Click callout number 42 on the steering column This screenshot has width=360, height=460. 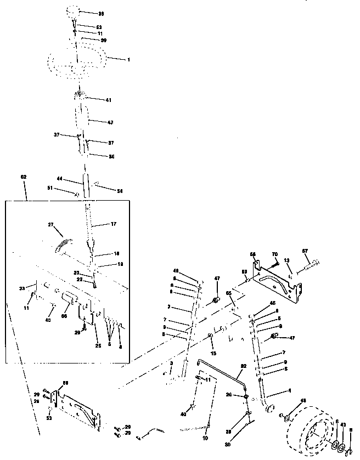110,122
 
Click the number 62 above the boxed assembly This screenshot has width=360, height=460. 23,177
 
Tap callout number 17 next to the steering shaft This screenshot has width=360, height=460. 114,224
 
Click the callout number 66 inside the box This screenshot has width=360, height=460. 63,316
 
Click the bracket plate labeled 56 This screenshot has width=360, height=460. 277,281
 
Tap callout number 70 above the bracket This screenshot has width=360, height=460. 275,254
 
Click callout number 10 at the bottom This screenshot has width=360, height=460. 205,439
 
